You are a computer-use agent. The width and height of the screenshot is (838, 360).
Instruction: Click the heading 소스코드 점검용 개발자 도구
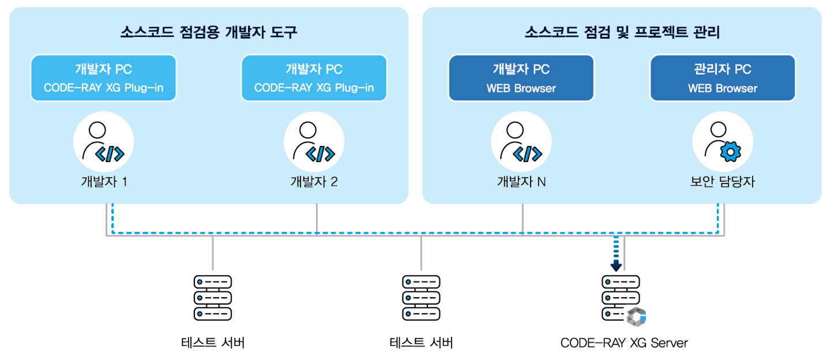click(209, 32)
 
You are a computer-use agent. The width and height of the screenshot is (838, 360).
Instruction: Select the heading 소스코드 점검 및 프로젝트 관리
click(622, 32)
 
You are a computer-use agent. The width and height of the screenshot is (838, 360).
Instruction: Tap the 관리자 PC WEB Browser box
click(723, 78)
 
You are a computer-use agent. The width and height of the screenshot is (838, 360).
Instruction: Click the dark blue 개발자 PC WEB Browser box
click(521, 78)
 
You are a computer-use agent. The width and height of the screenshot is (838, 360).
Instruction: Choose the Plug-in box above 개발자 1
click(103, 78)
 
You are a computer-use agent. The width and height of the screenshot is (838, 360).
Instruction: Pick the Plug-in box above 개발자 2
click(314, 78)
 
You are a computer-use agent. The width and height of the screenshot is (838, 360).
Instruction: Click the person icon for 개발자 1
click(103, 142)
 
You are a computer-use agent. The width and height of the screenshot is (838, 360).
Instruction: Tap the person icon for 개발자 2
click(314, 142)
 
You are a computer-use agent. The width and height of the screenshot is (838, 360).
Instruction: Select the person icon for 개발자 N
click(521, 142)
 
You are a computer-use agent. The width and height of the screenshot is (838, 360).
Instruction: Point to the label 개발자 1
click(104, 182)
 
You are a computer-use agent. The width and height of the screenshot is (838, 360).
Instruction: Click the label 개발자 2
click(314, 182)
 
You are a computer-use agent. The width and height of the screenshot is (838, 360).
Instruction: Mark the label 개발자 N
click(521, 182)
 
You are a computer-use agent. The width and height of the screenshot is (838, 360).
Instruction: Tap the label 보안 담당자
click(723, 182)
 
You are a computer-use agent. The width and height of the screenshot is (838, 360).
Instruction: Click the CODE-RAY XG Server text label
click(624, 343)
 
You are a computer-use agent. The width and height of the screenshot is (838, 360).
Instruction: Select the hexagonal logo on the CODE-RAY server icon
click(637, 316)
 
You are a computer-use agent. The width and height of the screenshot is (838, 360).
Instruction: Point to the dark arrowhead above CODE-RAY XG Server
click(616, 266)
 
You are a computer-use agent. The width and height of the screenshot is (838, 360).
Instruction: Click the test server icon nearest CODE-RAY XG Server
click(421, 298)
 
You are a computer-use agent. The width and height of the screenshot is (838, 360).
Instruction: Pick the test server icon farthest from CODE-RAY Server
click(213, 298)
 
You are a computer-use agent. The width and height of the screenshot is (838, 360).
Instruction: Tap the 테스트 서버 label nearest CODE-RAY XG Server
click(421, 343)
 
